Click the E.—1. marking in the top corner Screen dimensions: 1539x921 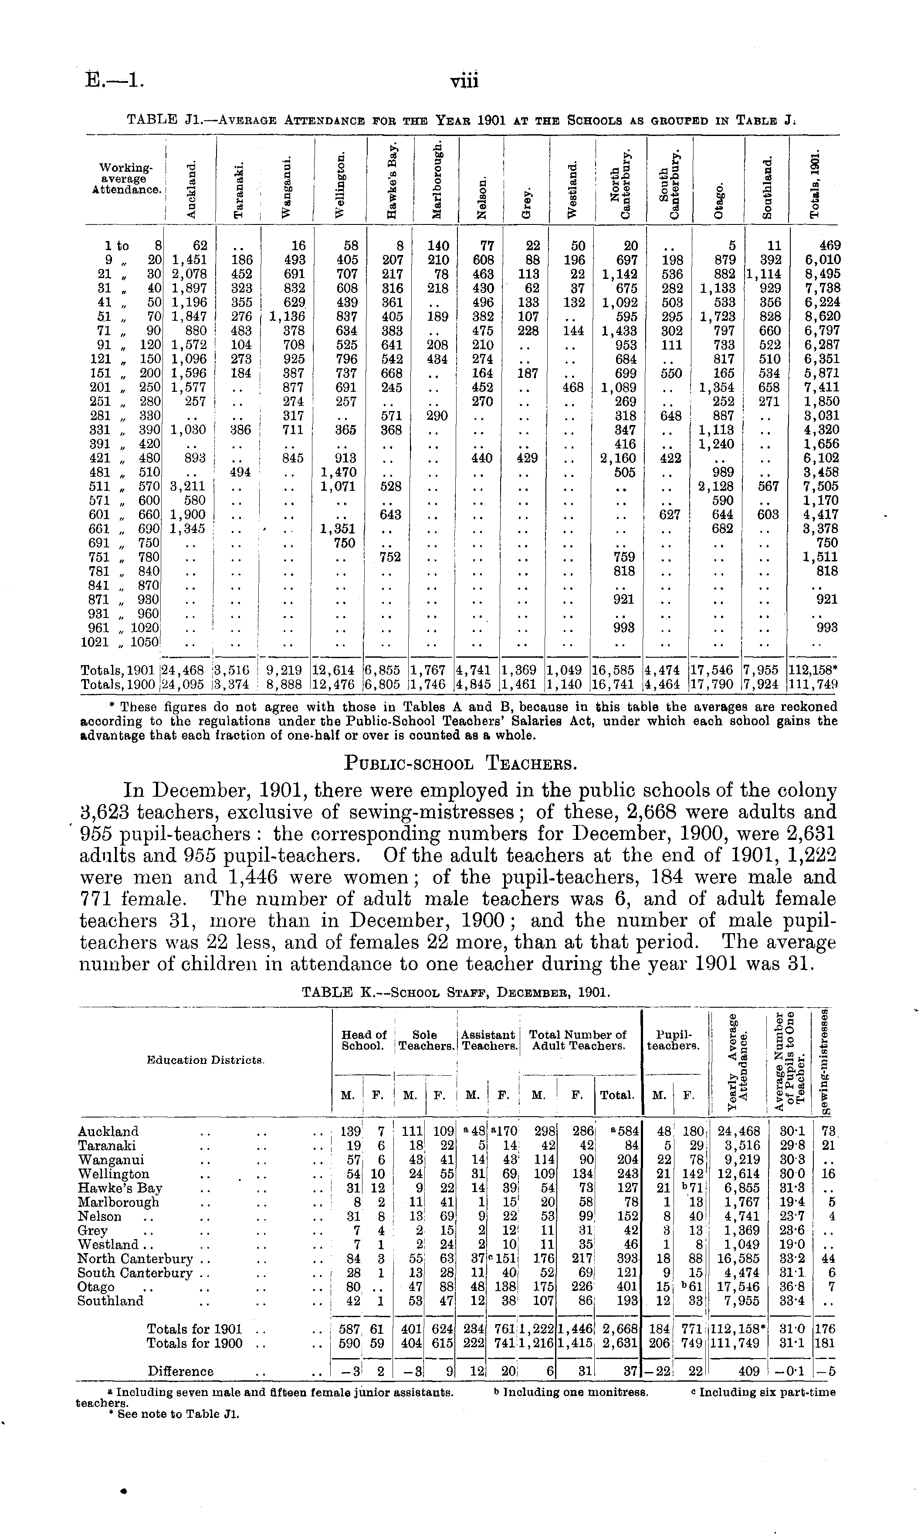point(115,82)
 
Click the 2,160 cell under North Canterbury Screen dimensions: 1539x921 point(618,458)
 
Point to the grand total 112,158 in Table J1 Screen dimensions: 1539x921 point(813,670)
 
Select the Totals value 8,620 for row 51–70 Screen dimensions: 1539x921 point(822,316)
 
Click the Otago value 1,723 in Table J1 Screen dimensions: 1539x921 point(718,316)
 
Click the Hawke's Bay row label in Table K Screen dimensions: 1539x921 point(120,1188)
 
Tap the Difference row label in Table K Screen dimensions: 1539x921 point(181,1371)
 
